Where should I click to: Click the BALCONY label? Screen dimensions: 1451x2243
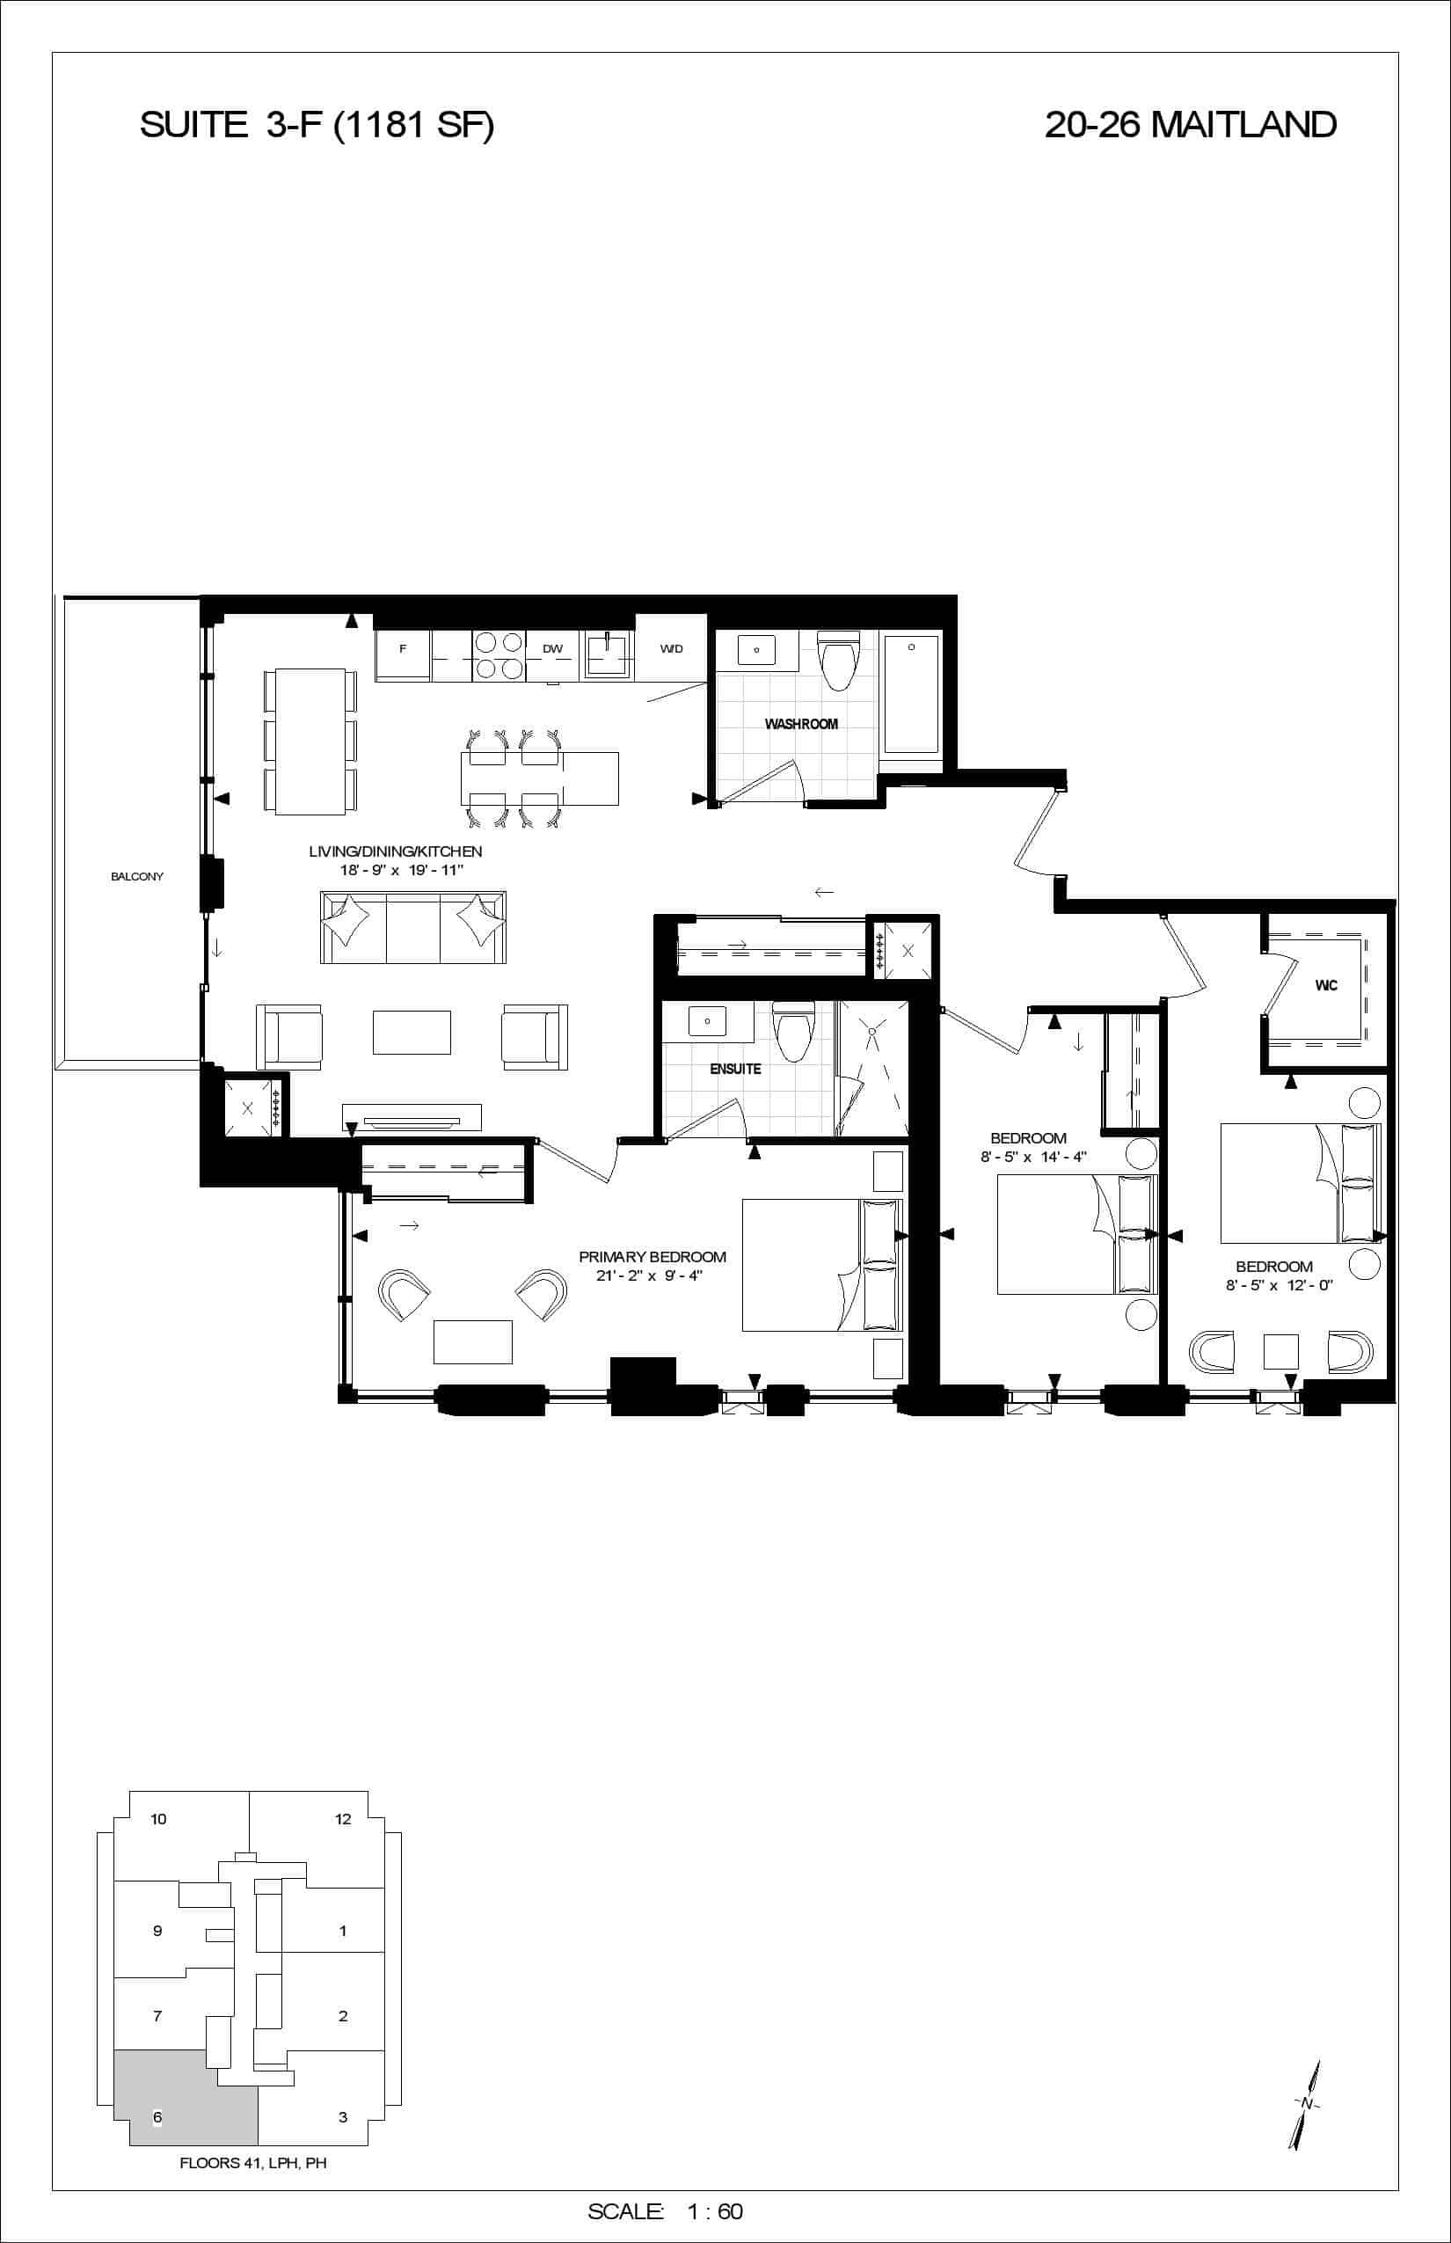[x=136, y=876]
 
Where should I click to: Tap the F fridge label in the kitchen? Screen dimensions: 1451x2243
[x=404, y=648]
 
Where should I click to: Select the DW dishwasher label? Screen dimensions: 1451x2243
[x=552, y=648]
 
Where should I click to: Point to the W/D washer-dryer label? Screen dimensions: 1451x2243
[x=671, y=648]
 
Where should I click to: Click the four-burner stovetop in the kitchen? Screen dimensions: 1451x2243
[x=499, y=655]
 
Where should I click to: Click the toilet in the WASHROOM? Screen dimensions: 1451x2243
[x=839, y=660]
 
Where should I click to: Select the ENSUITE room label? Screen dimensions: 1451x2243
[x=735, y=1069]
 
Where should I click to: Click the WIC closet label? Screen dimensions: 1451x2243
[x=1326, y=986]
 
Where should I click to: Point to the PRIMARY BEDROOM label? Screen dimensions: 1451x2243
[x=652, y=1256]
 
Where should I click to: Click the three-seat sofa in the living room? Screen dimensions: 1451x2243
[x=413, y=926]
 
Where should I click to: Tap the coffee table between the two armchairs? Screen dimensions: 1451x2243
[x=412, y=1032]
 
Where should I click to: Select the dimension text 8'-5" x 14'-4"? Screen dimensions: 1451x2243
[x=1033, y=1157]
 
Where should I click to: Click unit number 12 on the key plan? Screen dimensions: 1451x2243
[x=343, y=1819]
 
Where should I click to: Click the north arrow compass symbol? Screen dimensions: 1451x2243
[x=1306, y=2104]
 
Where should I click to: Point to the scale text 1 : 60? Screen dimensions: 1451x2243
[x=715, y=2211]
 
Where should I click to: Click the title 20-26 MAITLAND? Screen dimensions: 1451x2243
[x=1190, y=124]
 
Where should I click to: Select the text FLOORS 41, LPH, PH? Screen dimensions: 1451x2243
[x=253, y=2163]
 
